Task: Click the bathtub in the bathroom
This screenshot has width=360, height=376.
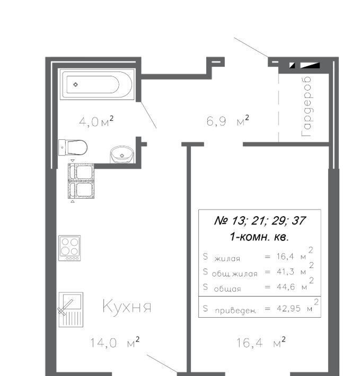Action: coord(98,84)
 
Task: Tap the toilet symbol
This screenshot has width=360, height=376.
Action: coord(73,147)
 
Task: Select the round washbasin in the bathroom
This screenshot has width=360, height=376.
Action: coord(122,154)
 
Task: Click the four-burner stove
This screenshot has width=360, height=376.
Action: coord(69,248)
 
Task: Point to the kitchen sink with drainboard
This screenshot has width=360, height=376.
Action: coord(71,310)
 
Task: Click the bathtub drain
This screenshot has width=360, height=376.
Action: coord(76,84)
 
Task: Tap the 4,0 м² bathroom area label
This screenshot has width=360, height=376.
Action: coord(96,121)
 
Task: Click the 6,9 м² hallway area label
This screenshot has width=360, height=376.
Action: coord(227,121)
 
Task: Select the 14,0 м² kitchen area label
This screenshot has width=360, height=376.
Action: coord(115,342)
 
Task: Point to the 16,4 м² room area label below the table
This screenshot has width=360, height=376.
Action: coord(261,343)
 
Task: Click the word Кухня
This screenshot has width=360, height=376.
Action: coord(127,306)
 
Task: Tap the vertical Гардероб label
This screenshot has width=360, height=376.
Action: coord(307,106)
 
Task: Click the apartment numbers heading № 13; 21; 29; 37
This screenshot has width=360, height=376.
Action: coord(260,220)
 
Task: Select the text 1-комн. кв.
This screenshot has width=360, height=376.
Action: coord(259,237)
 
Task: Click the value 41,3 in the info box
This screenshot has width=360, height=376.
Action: coord(285,272)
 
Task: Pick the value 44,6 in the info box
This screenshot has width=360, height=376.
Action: coord(286,287)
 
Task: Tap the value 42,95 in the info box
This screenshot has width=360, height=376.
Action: coord(288,308)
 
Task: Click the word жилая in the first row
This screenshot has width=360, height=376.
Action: coord(227,259)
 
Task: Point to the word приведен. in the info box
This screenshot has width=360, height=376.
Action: coord(235,311)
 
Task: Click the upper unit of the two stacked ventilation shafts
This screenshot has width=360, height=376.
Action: coord(81,172)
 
